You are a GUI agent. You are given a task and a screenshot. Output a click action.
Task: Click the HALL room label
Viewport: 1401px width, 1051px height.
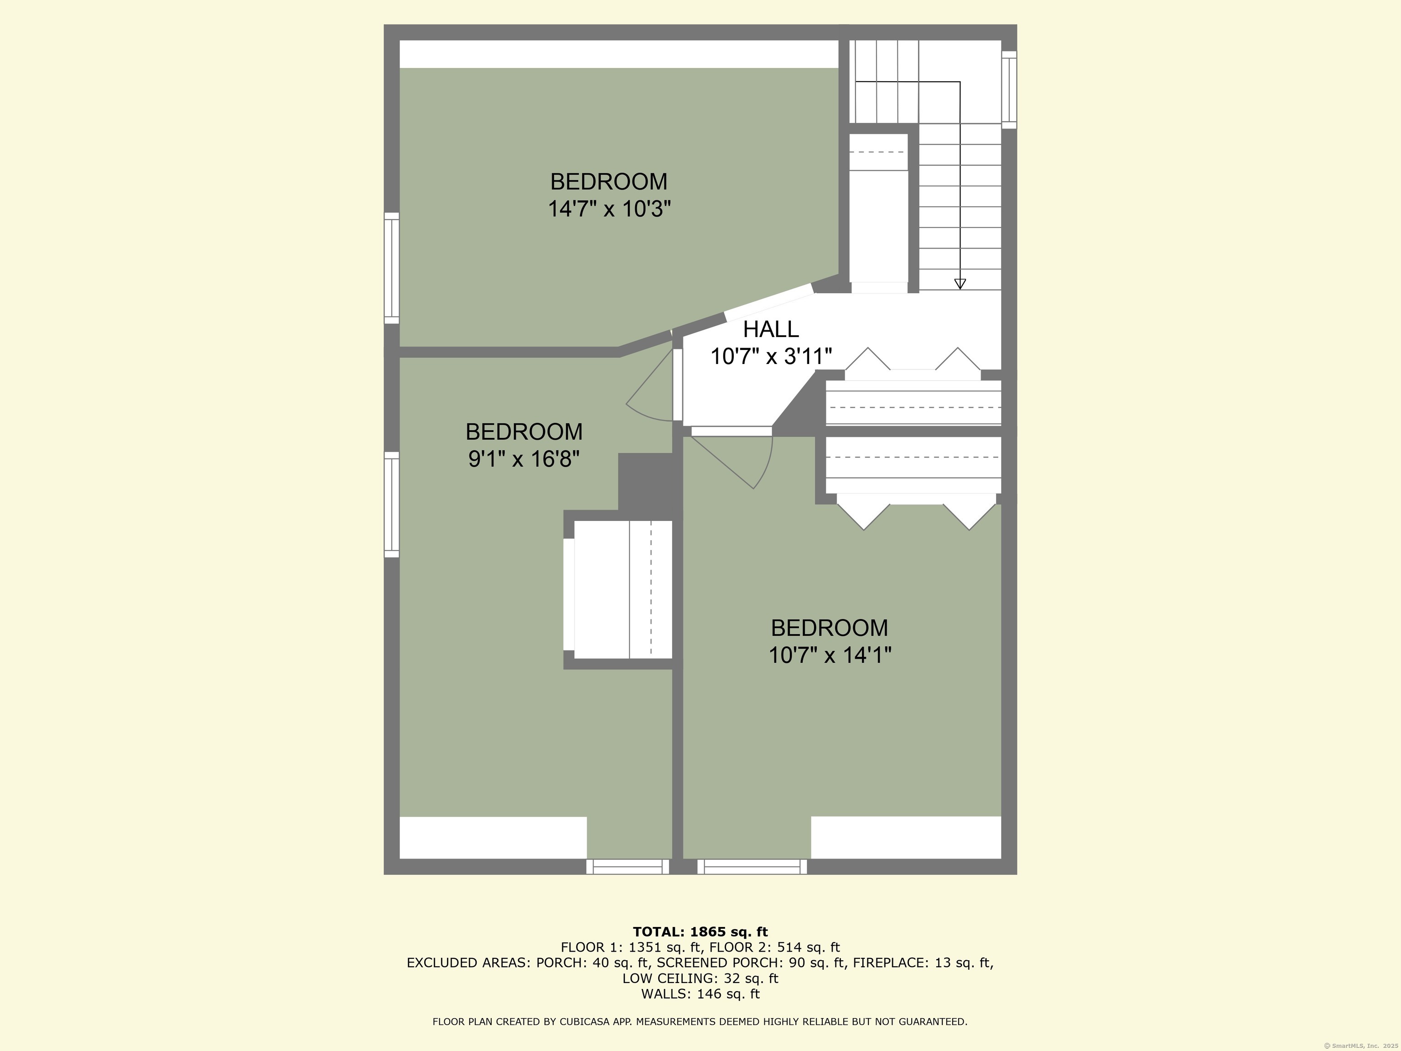coord(771,329)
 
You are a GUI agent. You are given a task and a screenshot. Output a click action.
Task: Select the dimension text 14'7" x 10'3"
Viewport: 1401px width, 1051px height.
coord(609,209)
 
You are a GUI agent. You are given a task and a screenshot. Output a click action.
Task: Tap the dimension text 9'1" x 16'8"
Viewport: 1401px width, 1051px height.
coord(524,458)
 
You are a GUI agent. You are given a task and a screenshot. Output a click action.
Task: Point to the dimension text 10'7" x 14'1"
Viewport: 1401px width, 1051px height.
coord(830,655)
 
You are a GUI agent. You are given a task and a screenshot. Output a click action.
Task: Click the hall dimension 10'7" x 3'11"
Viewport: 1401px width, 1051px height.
coord(771,357)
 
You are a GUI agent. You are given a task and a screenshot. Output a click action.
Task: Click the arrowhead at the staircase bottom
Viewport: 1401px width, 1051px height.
coord(960,285)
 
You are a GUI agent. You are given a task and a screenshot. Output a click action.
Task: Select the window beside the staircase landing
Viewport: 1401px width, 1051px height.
coord(1008,89)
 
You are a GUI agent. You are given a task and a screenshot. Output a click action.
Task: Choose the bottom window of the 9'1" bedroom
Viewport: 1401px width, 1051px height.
coord(627,867)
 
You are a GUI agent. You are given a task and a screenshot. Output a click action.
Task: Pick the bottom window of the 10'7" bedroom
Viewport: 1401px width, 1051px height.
coord(752,867)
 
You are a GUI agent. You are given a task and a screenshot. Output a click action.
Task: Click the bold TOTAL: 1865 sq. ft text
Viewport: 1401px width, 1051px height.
coord(700,932)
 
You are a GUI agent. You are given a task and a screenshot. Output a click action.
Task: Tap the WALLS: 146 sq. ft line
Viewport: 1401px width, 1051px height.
coord(700,994)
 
